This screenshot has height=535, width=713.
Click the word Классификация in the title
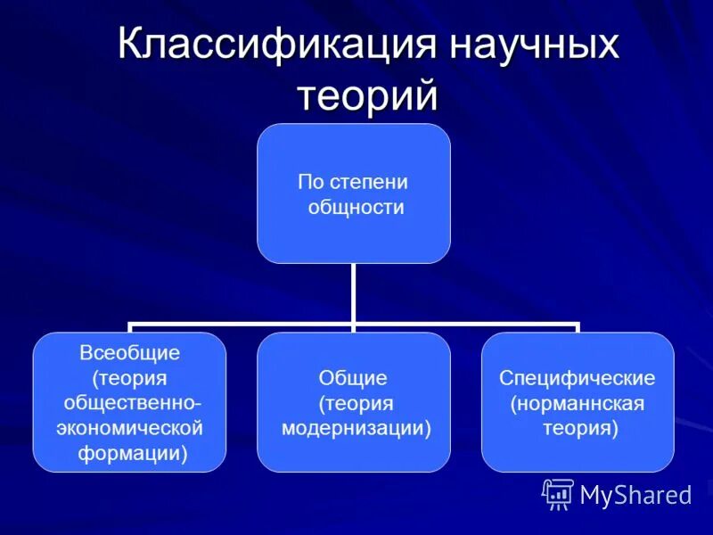(x=271, y=45)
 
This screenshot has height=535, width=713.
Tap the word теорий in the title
(x=367, y=95)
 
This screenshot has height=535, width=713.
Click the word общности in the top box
(x=356, y=208)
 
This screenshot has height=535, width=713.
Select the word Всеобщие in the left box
(x=129, y=353)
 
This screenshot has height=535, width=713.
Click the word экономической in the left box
(x=130, y=428)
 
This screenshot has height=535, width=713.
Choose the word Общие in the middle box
(x=354, y=378)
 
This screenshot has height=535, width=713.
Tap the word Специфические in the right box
(x=577, y=378)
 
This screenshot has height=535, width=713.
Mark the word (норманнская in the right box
(x=577, y=403)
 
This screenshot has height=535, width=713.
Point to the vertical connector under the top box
(x=354, y=294)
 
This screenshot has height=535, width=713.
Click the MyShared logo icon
(x=558, y=493)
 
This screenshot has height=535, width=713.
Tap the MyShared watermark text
(x=635, y=495)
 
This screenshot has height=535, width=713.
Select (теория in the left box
(x=129, y=378)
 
